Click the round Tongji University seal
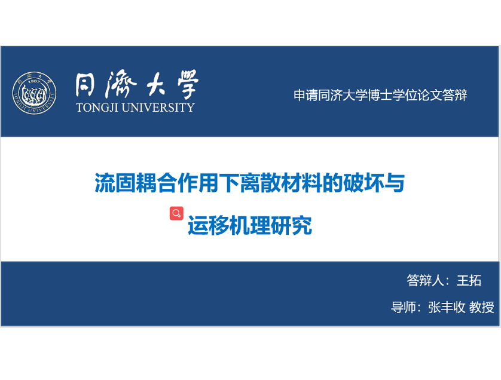[35, 93]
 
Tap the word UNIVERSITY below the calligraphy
[158, 108]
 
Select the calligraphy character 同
[85, 85]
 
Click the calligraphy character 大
[156, 84]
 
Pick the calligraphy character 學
[188, 84]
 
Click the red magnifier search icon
[176, 213]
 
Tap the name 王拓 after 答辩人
[469, 280]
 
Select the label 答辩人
[425, 280]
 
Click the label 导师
[404, 307]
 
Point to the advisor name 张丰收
[447, 307]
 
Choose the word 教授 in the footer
[481, 307]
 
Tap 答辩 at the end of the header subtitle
[455, 95]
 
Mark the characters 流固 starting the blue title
[115, 183]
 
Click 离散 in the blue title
[260, 183]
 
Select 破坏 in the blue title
[363, 183]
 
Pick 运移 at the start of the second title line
[208, 225]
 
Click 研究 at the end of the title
[291, 225]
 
